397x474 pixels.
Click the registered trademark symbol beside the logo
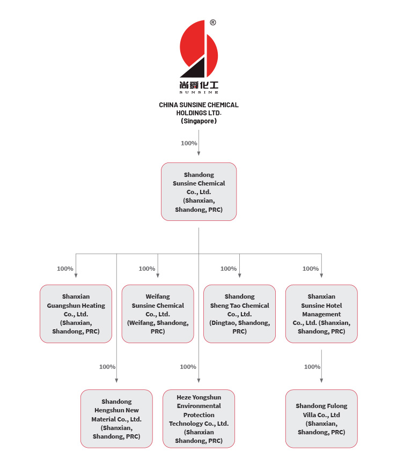coord(213,23)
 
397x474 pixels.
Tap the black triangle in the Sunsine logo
coord(196,70)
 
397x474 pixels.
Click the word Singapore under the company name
coord(198,121)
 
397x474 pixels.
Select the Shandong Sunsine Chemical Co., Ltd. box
coord(198,191)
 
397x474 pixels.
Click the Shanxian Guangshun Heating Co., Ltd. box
coord(76,314)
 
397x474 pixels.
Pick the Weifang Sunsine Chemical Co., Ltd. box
coord(158,314)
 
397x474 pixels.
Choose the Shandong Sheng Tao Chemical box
coord(239,314)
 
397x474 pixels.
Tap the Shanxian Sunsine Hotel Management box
coord(321,314)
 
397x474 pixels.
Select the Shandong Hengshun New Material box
coord(116,419)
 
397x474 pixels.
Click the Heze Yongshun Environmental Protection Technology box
coord(198,419)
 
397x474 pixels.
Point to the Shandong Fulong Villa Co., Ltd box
coord(321,419)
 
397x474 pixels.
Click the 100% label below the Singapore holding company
coord(189,143)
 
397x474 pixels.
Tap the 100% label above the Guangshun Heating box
coord(65,269)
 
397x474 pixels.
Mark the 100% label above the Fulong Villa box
coord(312,367)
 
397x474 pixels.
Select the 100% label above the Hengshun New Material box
coord(107,367)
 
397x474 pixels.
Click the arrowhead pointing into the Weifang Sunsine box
coord(158,276)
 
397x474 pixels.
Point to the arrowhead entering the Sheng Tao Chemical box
coord(239,276)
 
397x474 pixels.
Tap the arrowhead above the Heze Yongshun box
coord(198,381)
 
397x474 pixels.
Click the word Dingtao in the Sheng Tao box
coord(224,323)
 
